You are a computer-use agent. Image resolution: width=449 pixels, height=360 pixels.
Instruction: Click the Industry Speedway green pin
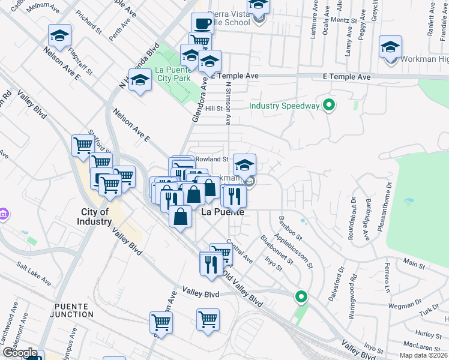click(x=329, y=106)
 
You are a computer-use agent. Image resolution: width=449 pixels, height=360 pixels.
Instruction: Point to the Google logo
click(x=20, y=353)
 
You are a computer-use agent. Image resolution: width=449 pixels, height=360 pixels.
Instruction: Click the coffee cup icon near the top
click(x=202, y=24)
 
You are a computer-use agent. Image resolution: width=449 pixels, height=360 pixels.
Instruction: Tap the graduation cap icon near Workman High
click(x=390, y=47)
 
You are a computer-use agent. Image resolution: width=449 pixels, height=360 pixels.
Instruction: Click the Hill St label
click(x=214, y=109)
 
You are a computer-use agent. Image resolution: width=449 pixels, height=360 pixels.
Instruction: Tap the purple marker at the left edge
click(x=3, y=214)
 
